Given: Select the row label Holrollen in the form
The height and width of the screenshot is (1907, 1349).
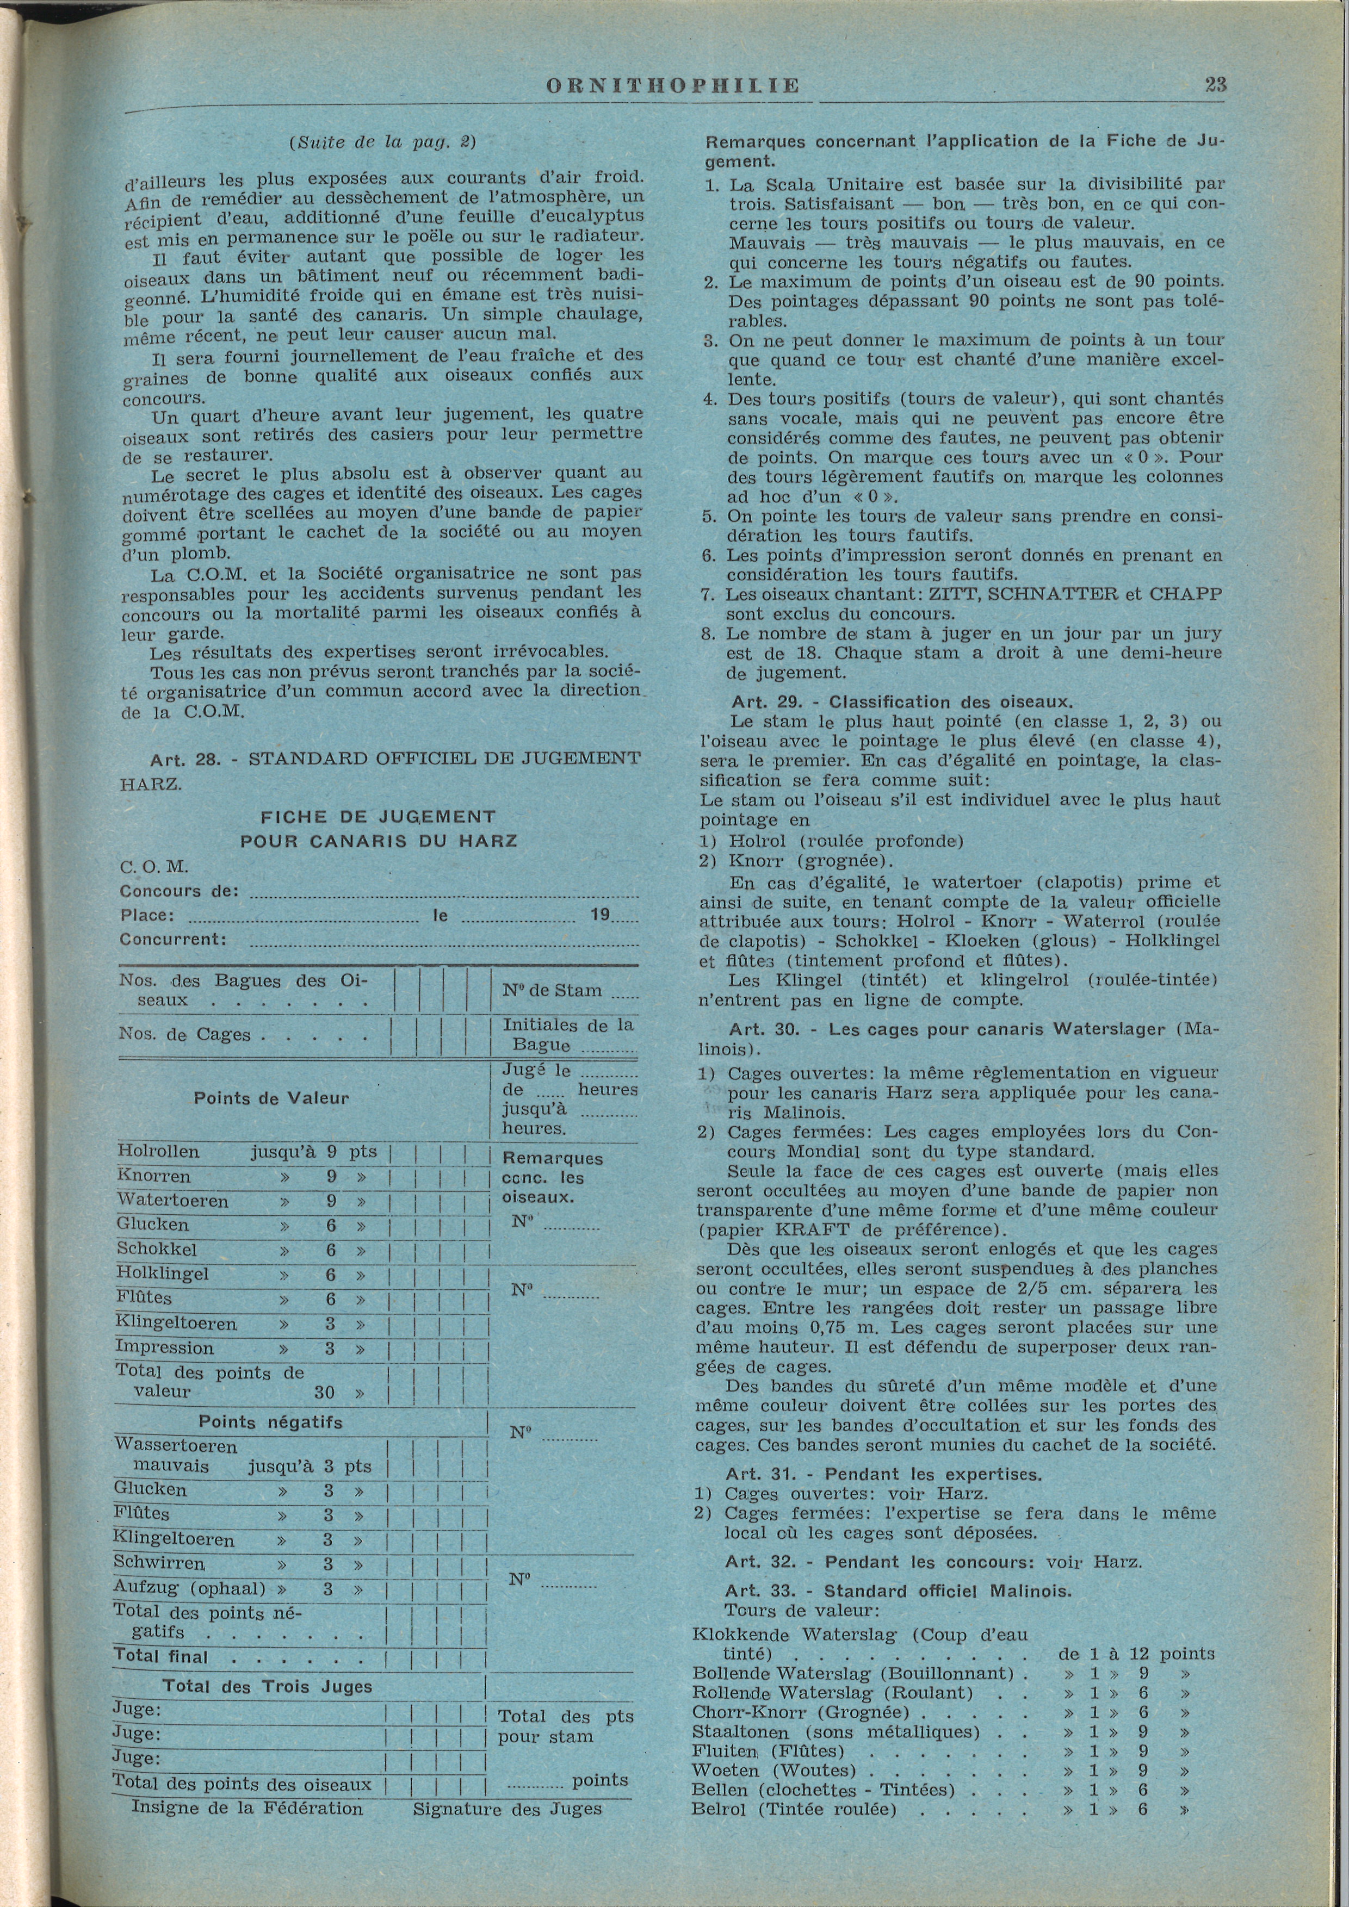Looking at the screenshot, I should (158, 1152).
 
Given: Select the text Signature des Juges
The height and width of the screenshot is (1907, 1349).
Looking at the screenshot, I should (508, 1809).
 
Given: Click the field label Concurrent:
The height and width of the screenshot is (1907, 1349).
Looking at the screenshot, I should (173, 940).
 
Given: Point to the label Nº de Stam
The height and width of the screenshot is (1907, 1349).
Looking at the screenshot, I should (553, 990).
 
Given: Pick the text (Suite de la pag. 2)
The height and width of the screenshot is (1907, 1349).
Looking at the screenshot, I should (381, 142).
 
